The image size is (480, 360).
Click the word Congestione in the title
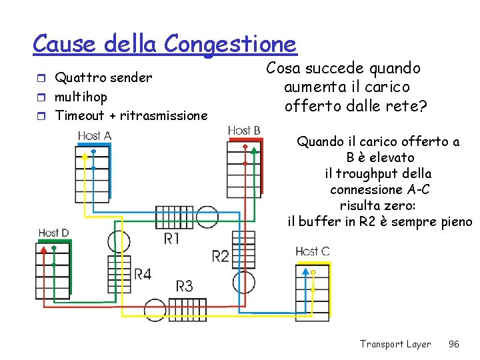(230, 44)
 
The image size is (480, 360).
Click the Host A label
(94, 136)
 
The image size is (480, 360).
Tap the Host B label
(244, 131)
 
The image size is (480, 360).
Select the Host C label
(312, 251)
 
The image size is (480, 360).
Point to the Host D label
(54, 233)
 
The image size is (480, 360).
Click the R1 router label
(171, 238)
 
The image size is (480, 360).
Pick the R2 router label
(221, 255)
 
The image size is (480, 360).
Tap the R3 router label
(184, 286)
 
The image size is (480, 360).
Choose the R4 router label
(142, 273)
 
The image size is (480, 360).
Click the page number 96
(454, 344)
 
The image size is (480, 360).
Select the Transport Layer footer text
(395, 344)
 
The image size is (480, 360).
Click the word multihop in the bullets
(81, 97)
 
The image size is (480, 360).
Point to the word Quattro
(79, 77)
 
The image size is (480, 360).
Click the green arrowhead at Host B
(254, 151)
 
